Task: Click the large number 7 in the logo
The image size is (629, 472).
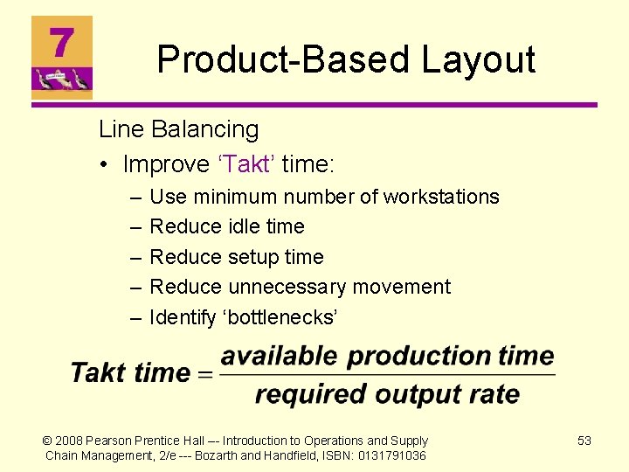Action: (x=60, y=43)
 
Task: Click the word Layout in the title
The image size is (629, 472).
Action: (x=478, y=59)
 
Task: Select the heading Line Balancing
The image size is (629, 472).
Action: (x=178, y=129)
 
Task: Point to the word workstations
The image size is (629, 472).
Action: (x=442, y=197)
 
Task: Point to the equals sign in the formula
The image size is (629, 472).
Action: (x=205, y=374)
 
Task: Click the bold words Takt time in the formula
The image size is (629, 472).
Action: (x=130, y=372)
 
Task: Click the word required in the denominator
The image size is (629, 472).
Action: (x=306, y=394)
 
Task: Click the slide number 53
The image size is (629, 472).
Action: (x=584, y=441)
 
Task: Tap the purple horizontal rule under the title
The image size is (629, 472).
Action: (x=314, y=105)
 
